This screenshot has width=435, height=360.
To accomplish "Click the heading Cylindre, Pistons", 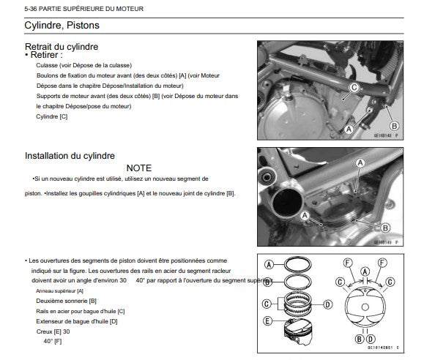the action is coord(62,25).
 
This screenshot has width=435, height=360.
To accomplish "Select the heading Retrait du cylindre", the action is coord(62,47).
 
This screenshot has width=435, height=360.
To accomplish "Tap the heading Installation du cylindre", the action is coord(70,156).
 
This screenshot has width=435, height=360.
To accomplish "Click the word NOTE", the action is coord(139,168).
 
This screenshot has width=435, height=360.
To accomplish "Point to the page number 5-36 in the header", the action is coord(31,9).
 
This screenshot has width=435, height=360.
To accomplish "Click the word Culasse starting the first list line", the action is coord(47,65).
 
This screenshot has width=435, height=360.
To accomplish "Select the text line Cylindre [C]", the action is coord(51,116).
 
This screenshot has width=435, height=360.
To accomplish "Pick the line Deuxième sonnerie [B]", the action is coord(66,301).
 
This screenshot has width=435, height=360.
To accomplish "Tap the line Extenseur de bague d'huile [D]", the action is coord(77,321).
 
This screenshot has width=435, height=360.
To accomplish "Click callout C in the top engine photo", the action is coord(354,88).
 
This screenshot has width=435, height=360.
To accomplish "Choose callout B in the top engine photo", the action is coord(394,126).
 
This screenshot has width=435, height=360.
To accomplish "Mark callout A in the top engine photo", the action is coord(349,129).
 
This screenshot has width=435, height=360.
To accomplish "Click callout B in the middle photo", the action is coord(384,228).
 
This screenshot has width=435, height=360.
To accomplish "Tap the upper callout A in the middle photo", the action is coord(360,163).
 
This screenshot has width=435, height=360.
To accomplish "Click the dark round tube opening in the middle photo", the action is coord(287,203).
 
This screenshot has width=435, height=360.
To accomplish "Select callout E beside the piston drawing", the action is coord(267,321).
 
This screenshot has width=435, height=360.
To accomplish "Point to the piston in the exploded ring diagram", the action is coord(298,331).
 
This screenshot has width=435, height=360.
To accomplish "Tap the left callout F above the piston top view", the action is coord(348,263).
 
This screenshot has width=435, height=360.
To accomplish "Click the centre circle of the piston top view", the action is coord(365,307).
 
